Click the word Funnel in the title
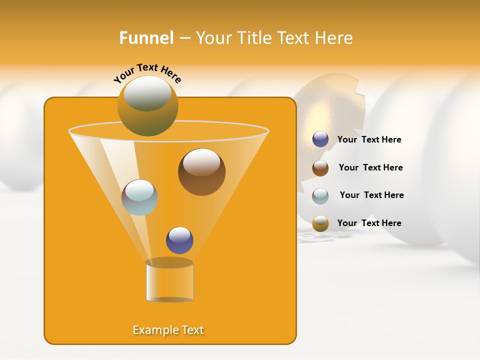coord(146,38)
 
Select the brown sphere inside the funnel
coord(202,172)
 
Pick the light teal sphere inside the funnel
coord(139,197)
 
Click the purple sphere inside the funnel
coord(179,240)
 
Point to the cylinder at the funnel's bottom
coord(169,282)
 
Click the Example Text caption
coord(168,330)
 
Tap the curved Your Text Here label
coord(147,72)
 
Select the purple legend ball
coord(320,139)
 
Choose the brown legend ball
coord(320,168)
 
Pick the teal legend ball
coord(320,195)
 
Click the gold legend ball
coord(320,223)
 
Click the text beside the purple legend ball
coord(369,140)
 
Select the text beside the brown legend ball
coord(370,168)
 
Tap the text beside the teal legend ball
coord(371,195)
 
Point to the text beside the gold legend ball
coord(369,223)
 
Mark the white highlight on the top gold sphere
coord(147,93)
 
